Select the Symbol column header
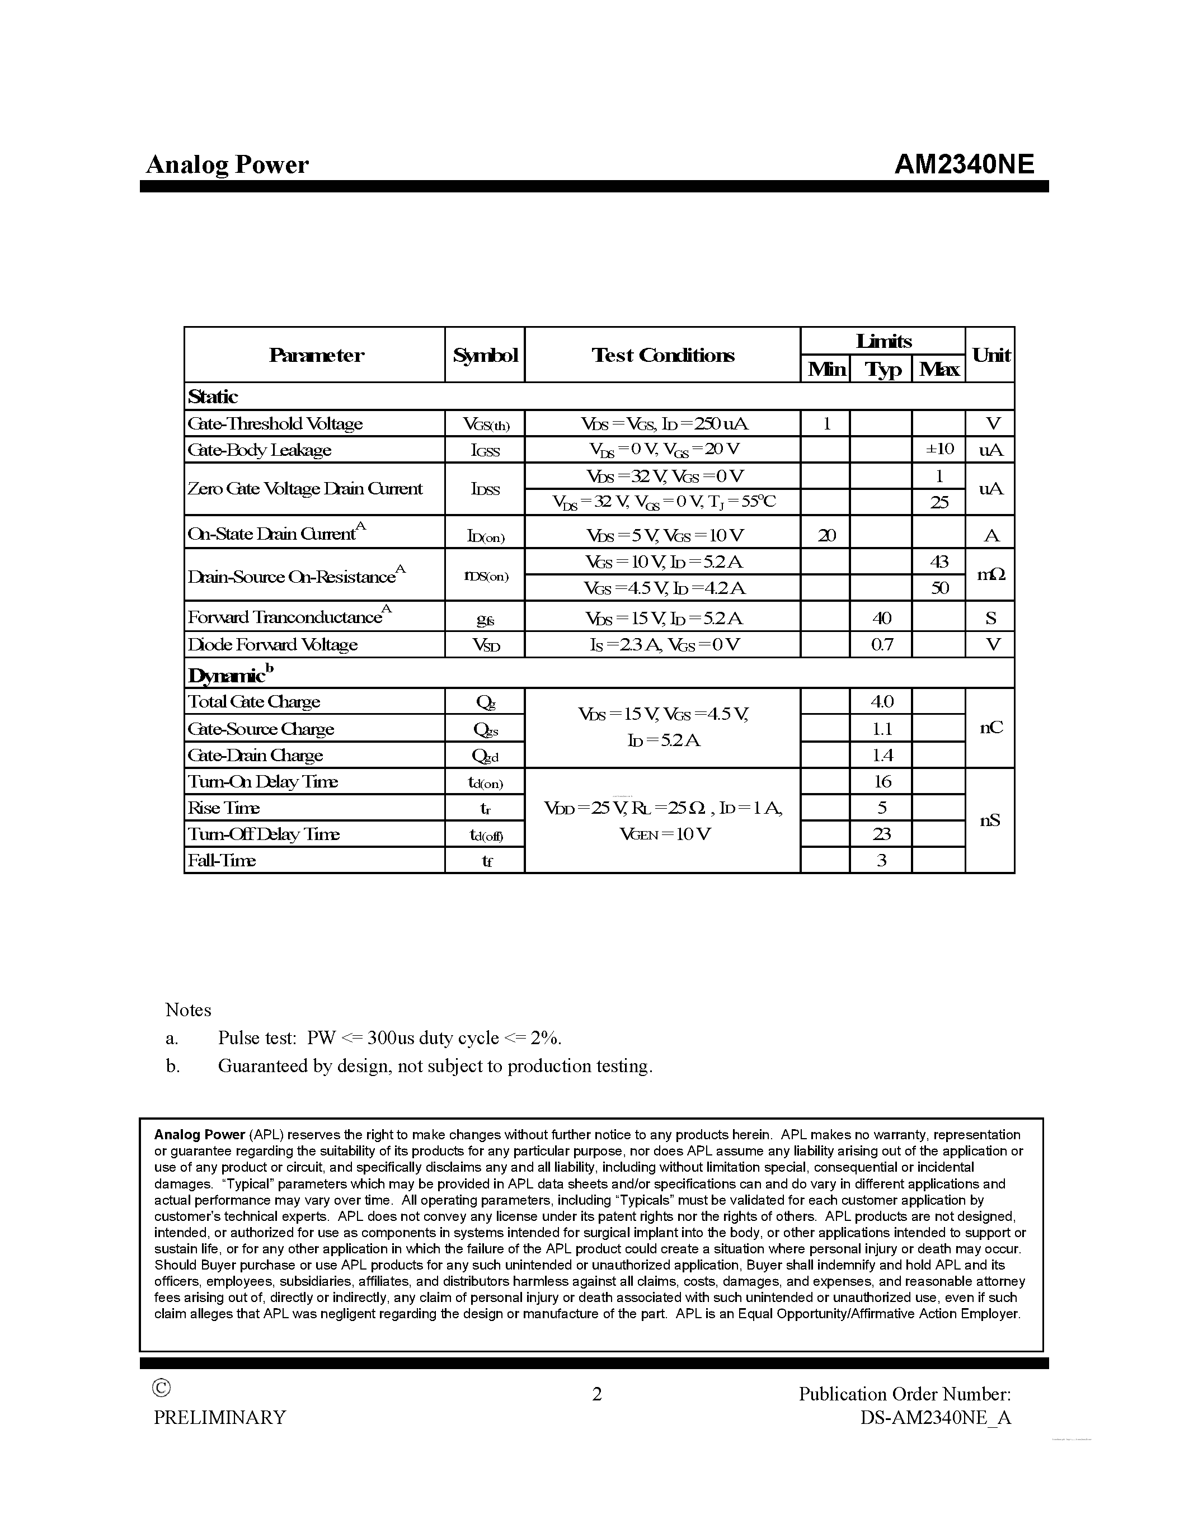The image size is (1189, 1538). point(485,355)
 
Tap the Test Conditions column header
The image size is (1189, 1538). point(662,355)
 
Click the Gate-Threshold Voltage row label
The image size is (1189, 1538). point(275,423)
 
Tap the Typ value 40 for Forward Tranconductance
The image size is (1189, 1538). point(881,617)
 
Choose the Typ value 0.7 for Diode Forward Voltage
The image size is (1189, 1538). point(881,644)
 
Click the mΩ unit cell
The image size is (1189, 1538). point(990,574)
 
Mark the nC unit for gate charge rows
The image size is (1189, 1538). point(990,728)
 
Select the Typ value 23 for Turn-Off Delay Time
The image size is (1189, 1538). point(881,834)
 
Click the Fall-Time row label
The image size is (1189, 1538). point(221,860)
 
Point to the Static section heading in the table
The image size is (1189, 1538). point(213,397)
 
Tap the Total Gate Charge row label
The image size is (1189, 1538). point(253,701)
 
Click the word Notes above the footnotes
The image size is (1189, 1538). point(188,1010)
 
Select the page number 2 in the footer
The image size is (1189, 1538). point(596,1394)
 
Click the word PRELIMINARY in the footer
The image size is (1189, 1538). point(220,1418)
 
